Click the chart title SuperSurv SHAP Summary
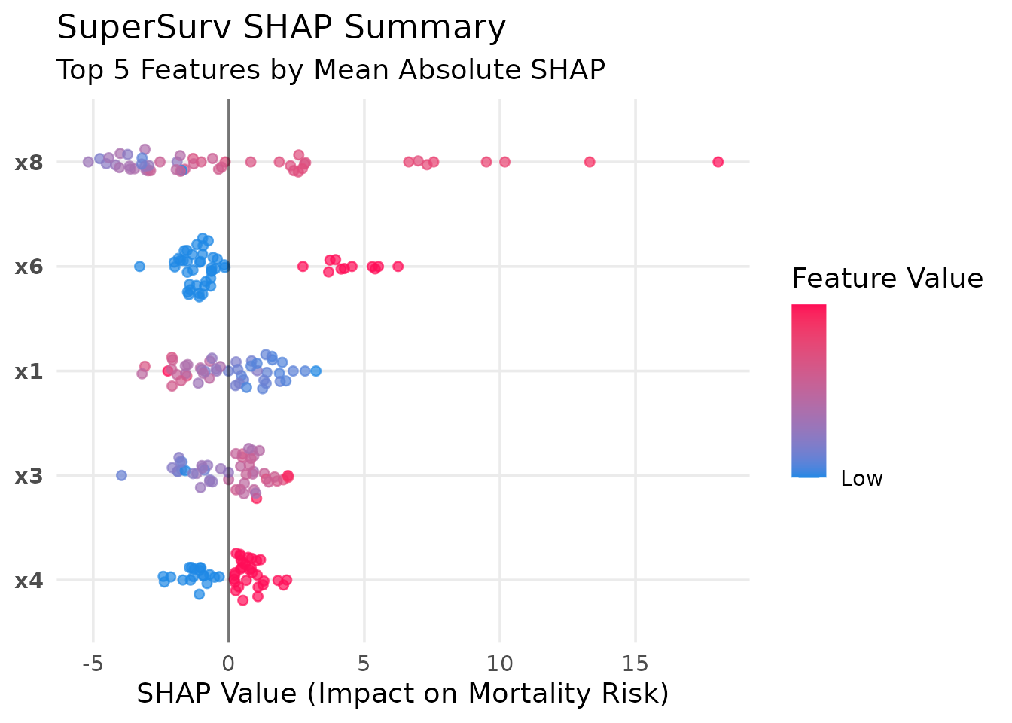[281, 29]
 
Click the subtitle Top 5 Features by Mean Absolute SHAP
[331, 70]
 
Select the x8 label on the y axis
[29, 162]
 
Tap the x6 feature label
[29, 267]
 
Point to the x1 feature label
[29, 371]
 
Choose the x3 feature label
[29, 476]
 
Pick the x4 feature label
[29, 581]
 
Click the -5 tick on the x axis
[93, 664]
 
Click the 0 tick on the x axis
[228, 664]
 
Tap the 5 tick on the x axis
[364, 664]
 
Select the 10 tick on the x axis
[500, 664]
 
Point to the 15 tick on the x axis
[636, 664]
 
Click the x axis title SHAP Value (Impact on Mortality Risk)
[403, 694]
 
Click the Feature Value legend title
[887, 279]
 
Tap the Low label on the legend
[861, 479]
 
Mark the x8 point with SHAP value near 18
[718, 162]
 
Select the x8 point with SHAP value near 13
[590, 162]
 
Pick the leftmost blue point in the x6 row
[139, 266]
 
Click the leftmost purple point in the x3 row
[121, 475]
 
